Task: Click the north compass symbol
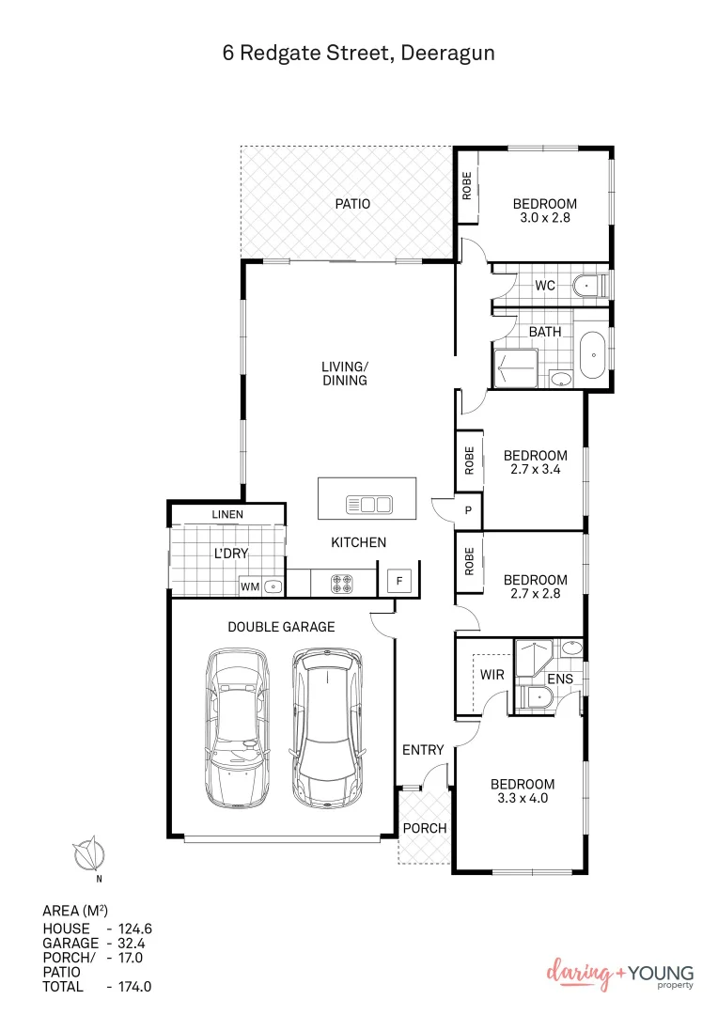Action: pos(90,854)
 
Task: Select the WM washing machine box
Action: pos(250,586)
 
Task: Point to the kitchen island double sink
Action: pos(368,505)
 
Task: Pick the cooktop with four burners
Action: pos(341,583)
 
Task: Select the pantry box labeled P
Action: pos(468,510)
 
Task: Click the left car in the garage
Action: pos(237,727)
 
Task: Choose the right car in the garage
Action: pos(326,728)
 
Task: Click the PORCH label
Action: pos(424,828)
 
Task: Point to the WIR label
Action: pos(492,675)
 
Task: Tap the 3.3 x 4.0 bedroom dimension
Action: pos(523,799)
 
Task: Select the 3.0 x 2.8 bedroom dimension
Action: pos(544,217)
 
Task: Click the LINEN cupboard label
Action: pos(227,515)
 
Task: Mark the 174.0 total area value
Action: pos(130,987)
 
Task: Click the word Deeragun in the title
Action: pos(447,54)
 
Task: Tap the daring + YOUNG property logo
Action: pos(620,975)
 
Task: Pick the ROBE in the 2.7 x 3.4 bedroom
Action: pos(468,459)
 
